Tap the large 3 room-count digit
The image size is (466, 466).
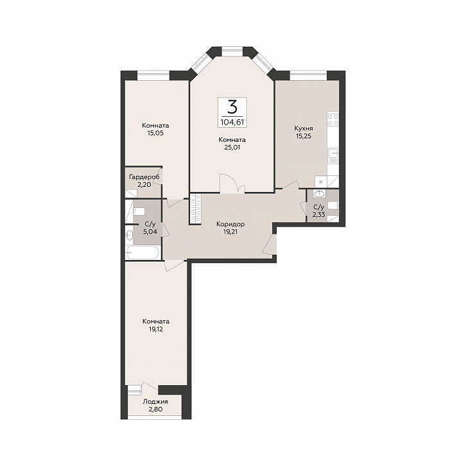click(232, 107)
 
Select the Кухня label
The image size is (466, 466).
click(304, 128)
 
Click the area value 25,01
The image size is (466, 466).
click(232, 147)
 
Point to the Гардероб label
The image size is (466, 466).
click(144, 177)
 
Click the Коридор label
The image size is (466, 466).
click(230, 224)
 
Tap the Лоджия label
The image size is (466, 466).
click(155, 402)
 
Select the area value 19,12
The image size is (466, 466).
click(156, 329)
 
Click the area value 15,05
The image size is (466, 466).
click(155, 133)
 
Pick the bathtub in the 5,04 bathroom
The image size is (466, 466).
click(143, 253)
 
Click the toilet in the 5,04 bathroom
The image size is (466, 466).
click(138, 212)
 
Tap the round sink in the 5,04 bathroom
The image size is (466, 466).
click(129, 236)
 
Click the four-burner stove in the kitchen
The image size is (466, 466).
click(333, 119)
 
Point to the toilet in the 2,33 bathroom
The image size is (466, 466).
click(333, 205)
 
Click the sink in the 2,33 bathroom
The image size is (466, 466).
click(319, 194)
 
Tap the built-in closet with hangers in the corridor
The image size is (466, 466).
click(196, 209)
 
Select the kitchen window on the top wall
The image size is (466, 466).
click(308, 75)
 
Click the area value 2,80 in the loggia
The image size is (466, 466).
click(155, 410)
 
